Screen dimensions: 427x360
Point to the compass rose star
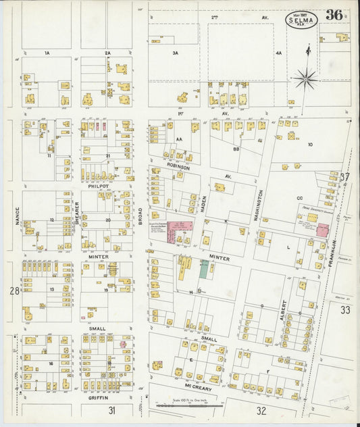[305, 79]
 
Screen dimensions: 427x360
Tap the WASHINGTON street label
[260, 205]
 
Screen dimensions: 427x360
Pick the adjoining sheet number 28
[14, 291]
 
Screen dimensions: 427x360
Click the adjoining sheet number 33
[346, 310]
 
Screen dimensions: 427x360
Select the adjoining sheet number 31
[111, 410]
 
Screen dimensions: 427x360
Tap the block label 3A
[175, 53]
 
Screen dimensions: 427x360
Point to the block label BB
[236, 148]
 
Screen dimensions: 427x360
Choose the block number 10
[311, 145]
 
